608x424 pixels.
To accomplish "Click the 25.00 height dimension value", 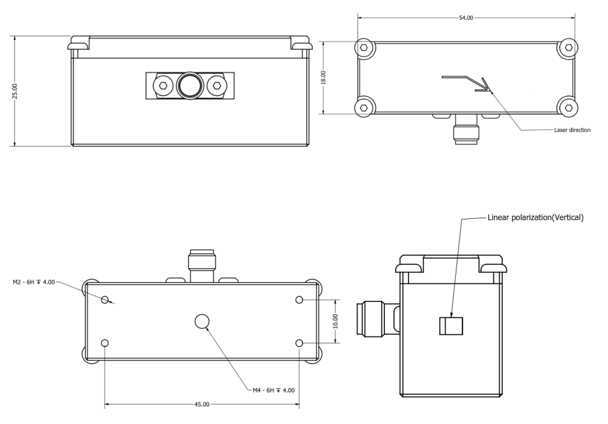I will pyautogui.click(x=15, y=91).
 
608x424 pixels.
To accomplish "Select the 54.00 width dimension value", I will pyautogui.click(x=466, y=18).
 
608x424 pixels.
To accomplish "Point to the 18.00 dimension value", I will pyautogui.click(x=323, y=77).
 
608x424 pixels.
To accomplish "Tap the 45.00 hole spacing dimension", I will pyautogui.click(x=202, y=404).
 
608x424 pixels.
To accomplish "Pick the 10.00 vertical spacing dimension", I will pyautogui.click(x=335, y=321).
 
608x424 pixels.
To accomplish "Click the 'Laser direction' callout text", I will pyautogui.click(x=572, y=130).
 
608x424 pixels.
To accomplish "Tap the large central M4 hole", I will pyautogui.click(x=202, y=321).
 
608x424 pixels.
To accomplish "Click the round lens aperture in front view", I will pyautogui.click(x=189, y=86).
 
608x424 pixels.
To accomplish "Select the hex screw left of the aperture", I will pyautogui.click(x=163, y=86).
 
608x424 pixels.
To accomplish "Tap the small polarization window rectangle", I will pyautogui.click(x=451, y=326).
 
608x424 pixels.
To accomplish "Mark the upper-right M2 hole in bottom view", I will pyautogui.click(x=299, y=300).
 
